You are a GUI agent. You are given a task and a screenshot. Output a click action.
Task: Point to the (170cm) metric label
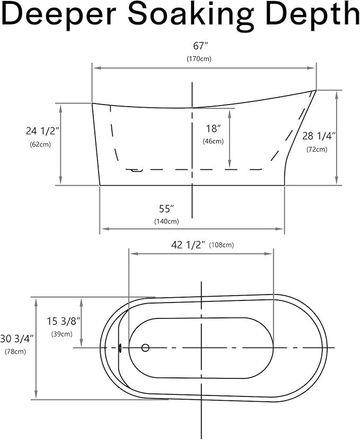[x=199, y=59]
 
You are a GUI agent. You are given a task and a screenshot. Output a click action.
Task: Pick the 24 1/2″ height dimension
[x=42, y=131]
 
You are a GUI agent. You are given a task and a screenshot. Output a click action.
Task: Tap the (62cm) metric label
[x=40, y=144]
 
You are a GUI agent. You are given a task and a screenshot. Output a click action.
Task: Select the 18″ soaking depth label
[x=213, y=128]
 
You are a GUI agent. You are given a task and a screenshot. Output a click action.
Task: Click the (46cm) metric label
[x=213, y=141]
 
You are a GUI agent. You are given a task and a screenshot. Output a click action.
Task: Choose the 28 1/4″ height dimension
[x=319, y=136]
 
